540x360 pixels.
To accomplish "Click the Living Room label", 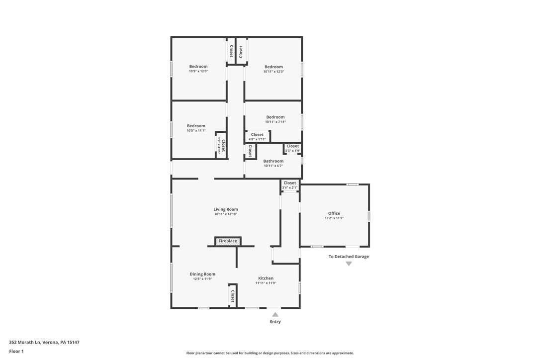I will [x=226, y=209].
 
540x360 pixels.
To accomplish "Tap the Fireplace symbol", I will [x=228, y=241].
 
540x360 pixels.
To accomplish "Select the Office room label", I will [x=334, y=213].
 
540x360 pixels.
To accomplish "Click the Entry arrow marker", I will [x=275, y=314].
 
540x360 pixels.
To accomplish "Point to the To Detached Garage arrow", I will [x=349, y=264].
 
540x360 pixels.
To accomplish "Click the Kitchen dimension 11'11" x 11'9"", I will [x=266, y=283].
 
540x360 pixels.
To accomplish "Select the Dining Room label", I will [x=202, y=274].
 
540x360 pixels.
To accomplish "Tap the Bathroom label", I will [x=273, y=161].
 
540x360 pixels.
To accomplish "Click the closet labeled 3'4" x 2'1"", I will [x=289, y=185].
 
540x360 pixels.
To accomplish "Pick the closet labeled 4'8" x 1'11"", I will [x=257, y=136].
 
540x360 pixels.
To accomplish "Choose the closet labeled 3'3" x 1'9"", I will [x=292, y=148].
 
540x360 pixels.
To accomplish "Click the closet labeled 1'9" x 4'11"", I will [x=221, y=145].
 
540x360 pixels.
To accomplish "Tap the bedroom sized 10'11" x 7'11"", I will [x=275, y=119].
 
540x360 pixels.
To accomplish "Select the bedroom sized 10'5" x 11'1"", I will [x=196, y=128].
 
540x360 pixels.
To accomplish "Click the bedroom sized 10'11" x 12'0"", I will [x=273, y=69].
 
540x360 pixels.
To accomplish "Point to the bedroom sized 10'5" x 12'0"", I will [x=198, y=69].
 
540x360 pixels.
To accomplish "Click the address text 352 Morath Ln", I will [x=44, y=342].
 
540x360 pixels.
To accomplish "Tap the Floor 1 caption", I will [x=16, y=351].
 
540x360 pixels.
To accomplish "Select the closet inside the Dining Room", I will [x=232, y=296].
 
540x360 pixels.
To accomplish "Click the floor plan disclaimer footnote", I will [x=270, y=353].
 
